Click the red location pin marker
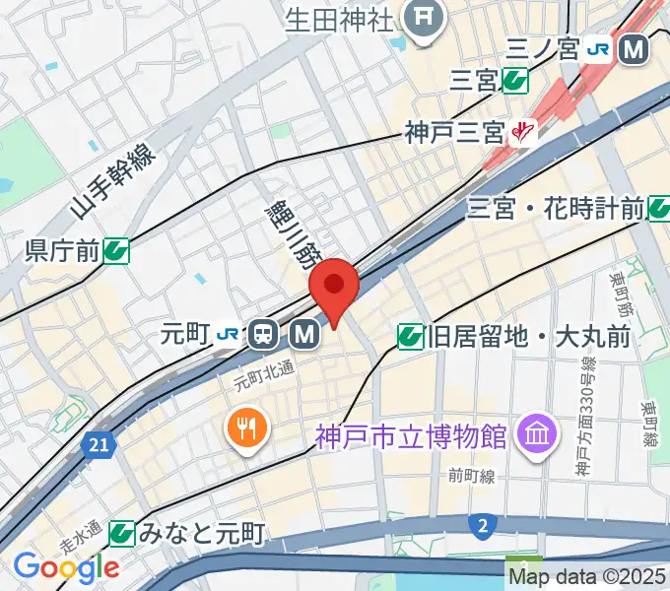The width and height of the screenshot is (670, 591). tap(333, 287)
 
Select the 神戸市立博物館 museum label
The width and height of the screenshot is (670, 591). tap(410, 433)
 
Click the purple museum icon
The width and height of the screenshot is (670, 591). tap(538, 433)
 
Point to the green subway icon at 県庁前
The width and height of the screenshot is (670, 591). tap(116, 252)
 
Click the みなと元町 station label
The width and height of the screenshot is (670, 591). tap(201, 535)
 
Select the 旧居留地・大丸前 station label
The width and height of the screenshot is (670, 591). tap(528, 338)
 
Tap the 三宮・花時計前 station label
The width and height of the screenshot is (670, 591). tap(555, 208)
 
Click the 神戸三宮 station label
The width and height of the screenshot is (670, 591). tap(454, 132)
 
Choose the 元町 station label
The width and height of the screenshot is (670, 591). tap(185, 335)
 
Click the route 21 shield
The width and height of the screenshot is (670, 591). tap(97, 446)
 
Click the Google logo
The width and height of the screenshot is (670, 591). tap(65, 566)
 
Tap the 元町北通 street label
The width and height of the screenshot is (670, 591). tap(264, 372)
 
